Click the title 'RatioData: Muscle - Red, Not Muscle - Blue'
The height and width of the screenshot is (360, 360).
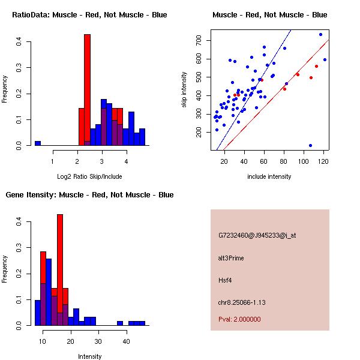tap(90, 14)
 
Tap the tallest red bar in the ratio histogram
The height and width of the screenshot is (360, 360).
tap(87, 90)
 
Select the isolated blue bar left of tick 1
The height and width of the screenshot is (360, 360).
tap(38, 143)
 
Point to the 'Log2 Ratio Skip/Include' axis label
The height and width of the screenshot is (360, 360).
tap(89, 176)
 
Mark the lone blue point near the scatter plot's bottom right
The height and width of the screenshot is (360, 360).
tap(310, 145)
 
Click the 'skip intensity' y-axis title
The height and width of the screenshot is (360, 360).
tap(184, 90)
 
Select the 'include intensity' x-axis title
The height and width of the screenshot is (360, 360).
tap(269, 176)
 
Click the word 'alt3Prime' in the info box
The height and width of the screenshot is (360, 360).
tap(231, 258)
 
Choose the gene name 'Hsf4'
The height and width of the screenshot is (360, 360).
tap(224, 280)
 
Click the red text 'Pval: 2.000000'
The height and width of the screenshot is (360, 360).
tap(239, 319)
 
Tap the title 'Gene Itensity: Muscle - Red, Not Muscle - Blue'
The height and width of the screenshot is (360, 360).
tap(90, 195)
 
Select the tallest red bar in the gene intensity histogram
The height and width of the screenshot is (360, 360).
tap(60, 270)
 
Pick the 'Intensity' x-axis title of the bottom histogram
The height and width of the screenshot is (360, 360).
tap(90, 356)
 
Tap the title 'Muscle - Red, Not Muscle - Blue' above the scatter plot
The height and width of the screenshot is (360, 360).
tap(270, 14)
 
